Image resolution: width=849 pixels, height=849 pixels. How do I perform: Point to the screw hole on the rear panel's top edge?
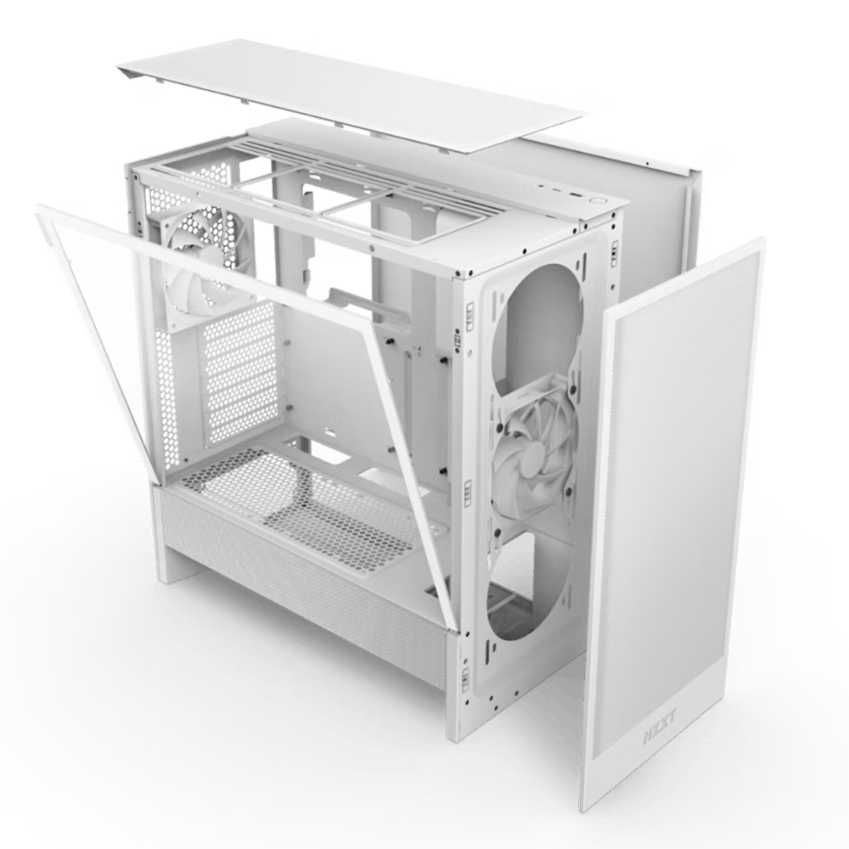[x=647, y=162]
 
